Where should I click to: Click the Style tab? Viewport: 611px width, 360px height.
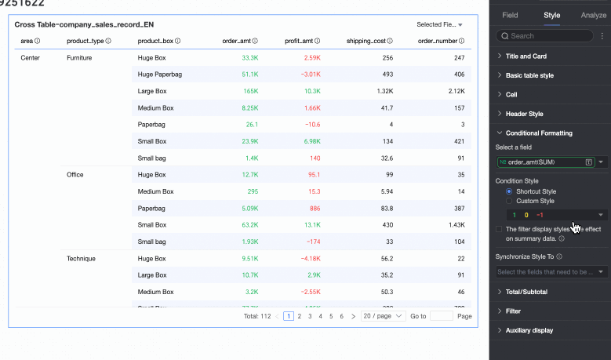(551, 15)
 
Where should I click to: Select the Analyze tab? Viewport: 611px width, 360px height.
(593, 15)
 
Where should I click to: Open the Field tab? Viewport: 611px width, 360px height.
(510, 15)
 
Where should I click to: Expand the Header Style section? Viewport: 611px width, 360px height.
(529, 114)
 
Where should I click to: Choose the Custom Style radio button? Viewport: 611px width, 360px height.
(510, 201)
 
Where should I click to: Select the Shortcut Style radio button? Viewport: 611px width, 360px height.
(510, 191)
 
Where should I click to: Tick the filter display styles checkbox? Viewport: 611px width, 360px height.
(500, 229)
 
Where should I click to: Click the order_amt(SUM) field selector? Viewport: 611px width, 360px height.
(546, 162)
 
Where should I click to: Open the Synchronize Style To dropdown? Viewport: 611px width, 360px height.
(552, 272)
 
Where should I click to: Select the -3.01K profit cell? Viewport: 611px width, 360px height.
(311, 75)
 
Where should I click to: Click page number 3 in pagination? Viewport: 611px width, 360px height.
(310, 316)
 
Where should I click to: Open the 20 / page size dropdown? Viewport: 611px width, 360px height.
(383, 316)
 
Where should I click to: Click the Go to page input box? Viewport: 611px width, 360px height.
(442, 316)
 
